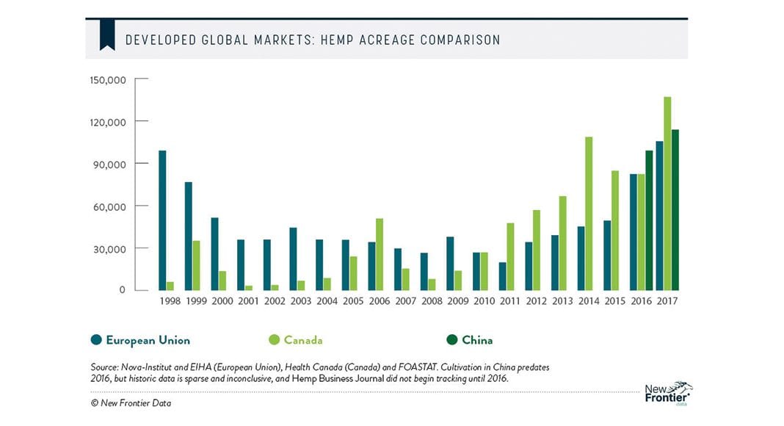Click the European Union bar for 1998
pyautogui.click(x=162, y=220)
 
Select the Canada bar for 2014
pyautogui.click(x=589, y=213)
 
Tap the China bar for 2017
pyautogui.click(x=675, y=209)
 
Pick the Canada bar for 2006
pyautogui.click(x=380, y=253)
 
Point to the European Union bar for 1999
pyautogui.click(x=189, y=236)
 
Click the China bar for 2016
pyautogui.click(x=649, y=220)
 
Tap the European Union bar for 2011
pyautogui.click(x=502, y=276)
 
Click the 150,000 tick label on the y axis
pyautogui.click(x=109, y=79)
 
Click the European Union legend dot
pyautogui.click(x=95, y=340)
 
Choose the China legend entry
pyautogui.click(x=470, y=340)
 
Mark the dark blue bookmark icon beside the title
pyautogui.click(x=107, y=35)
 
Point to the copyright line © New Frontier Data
pyautogui.click(x=133, y=402)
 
